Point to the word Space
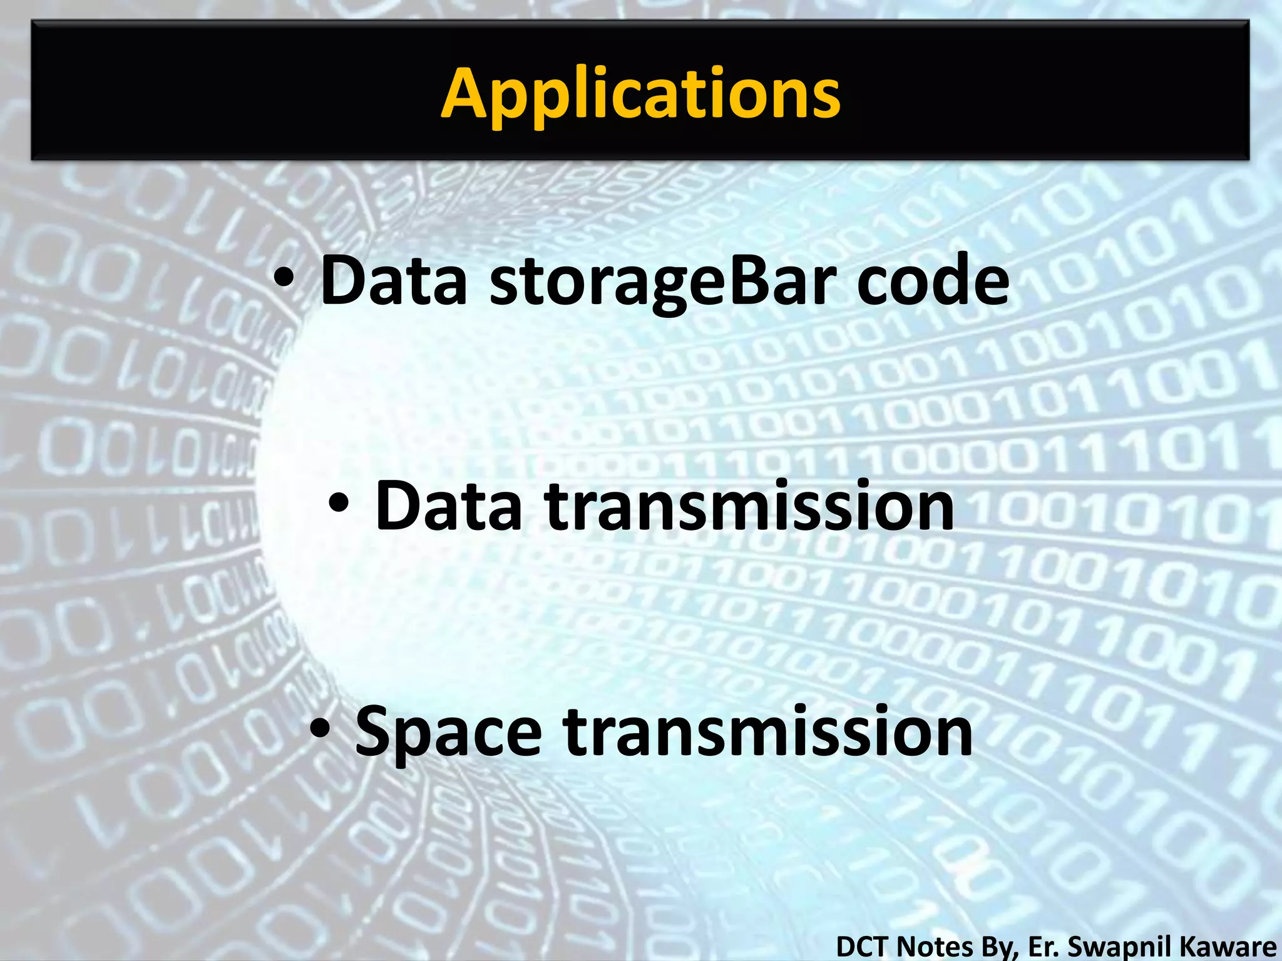[448, 732]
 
